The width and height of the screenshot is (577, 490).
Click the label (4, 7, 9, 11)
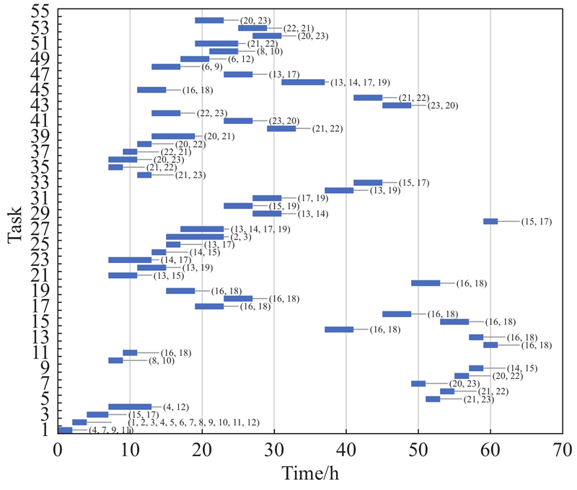pyautogui.click(x=110, y=430)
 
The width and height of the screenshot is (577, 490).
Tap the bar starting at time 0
pyautogui.click(x=65, y=430)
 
